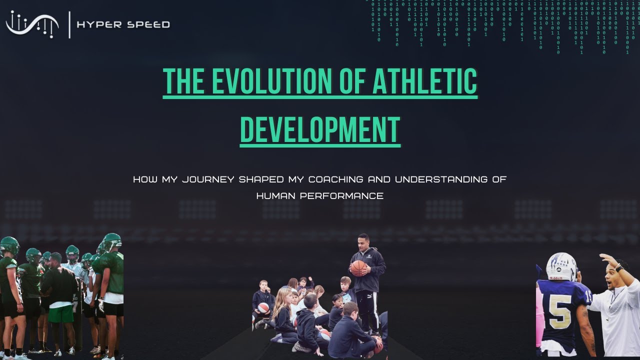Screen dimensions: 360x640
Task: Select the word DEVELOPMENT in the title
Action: [320, 129]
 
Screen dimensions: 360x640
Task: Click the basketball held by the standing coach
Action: [358, 268]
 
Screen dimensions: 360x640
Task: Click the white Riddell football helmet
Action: [561, 266]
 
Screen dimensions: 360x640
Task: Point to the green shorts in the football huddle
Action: [61, 313]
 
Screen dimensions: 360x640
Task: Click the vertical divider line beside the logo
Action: [69, 24]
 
